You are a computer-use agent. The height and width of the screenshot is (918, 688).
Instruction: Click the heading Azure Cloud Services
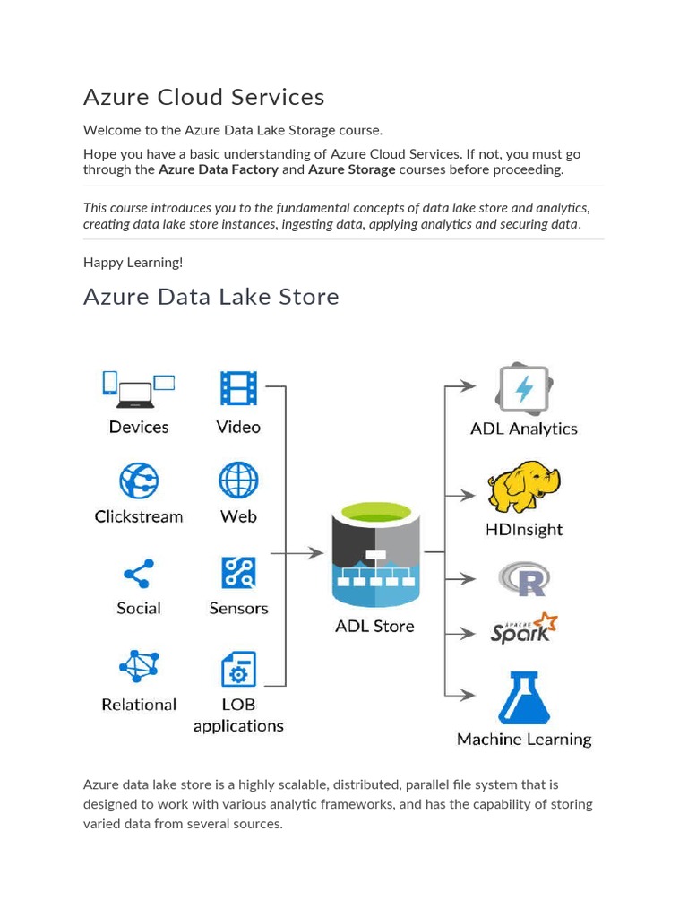pyautogui.click(x=203, y=97)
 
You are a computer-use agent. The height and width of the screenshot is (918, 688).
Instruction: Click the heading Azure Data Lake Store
pyautogui.click(x=211, y=297)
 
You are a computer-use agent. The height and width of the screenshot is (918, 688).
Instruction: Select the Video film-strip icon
pyautogui.click(x=238, y=388)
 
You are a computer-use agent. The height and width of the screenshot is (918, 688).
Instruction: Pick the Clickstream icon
pyautogui.click(x=139, y=481)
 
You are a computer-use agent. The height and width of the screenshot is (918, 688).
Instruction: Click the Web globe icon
pyautogui.click(x=238, y=481)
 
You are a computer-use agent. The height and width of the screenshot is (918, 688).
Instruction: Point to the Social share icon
pyautogui.click(x=138, y=574)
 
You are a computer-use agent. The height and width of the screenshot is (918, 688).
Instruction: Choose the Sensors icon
pyautogui.click(x=238, y=573)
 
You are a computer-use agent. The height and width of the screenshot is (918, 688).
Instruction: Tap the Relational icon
pyautogui.click(x=139, y=667)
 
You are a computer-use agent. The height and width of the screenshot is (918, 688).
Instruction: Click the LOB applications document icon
pyautogui.click(x=238, y=669)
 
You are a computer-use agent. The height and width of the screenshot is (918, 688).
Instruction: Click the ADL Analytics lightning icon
pyautogui.click(x=524, y=389)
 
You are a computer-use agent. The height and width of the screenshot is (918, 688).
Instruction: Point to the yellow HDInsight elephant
pyautogui.click(x=524, y=487)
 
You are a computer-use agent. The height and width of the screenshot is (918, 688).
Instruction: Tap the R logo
pyautogui.click(x=524, y=579)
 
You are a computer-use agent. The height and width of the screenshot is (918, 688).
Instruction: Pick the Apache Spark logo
pyautogui.click(x=524, y=629)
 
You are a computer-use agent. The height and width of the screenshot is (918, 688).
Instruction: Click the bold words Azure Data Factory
pyautogui.click(x=219, y=169)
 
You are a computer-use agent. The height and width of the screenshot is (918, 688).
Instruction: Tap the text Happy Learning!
pyautogui.click(x=133, y=263)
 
